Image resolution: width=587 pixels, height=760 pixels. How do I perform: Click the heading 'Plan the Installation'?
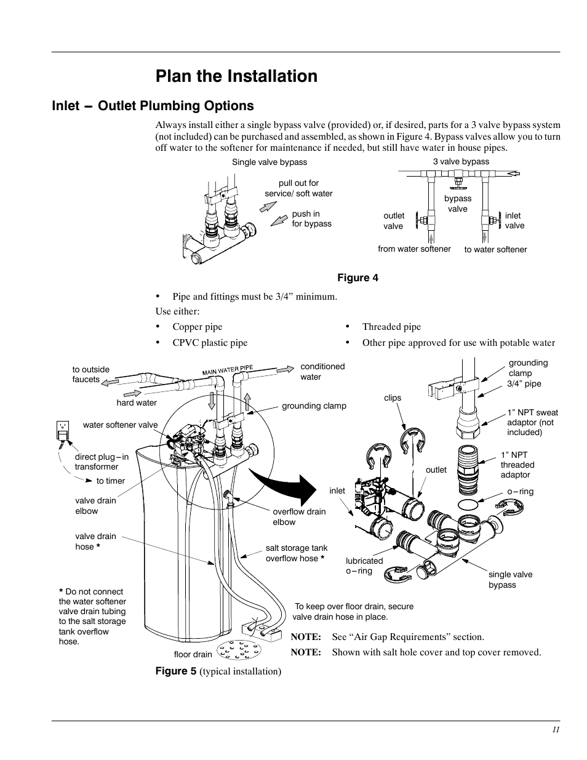236,76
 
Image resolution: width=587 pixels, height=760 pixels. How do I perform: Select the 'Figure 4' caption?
357,278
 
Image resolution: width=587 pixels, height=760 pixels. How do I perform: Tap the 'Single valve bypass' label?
269,162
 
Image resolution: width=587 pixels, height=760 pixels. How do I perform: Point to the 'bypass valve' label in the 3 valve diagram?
457,204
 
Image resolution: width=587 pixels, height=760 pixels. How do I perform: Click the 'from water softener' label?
414,249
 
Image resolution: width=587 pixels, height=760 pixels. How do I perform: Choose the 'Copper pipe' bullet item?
197,327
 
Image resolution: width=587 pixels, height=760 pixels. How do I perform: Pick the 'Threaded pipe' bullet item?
391,327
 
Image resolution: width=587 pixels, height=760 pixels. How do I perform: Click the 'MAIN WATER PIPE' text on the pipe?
228,370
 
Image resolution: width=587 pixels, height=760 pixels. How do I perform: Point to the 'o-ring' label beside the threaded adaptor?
520,492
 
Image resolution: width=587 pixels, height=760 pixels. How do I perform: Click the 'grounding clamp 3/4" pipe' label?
527,373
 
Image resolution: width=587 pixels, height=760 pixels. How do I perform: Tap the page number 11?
556,730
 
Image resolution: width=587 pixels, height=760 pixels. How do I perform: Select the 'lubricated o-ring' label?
364,566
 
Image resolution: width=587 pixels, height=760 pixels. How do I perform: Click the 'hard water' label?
137,403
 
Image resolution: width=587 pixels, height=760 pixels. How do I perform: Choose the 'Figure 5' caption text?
218,671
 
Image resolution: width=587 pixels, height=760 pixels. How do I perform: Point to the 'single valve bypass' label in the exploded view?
510,579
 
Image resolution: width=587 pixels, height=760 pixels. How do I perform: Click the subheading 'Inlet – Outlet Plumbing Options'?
153,106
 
